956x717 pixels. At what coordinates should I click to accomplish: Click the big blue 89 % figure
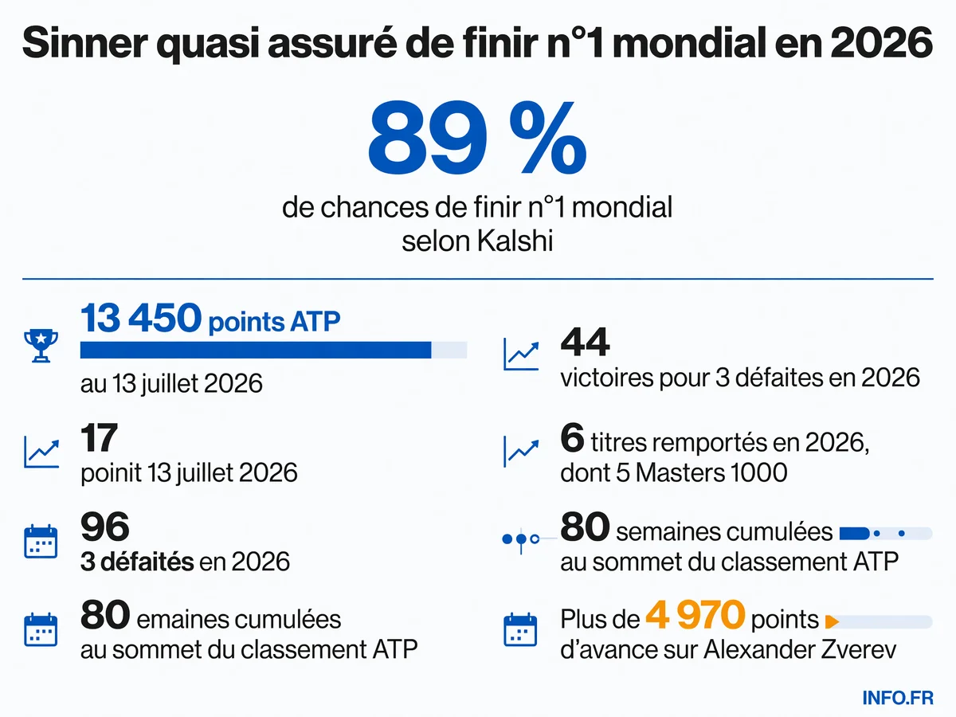tap(477, 138)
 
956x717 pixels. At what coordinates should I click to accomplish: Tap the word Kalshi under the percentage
tap(515, 241)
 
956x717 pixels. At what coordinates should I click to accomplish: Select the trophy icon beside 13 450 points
tap(41, 345)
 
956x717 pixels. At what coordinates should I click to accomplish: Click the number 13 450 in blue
tap(141, 318)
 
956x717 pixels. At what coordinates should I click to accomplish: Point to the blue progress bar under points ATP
tap(256, 350)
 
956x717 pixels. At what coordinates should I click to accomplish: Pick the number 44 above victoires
tap(585, 343)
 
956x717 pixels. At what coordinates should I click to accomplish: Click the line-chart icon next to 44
tap(521, 354)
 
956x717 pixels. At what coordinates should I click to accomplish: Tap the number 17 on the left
tap(99, 437)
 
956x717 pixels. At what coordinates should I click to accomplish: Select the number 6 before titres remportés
tap(572, 437)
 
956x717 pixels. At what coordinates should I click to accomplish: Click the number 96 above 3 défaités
tap(105, 527)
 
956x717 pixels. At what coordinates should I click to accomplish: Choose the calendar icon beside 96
tap(41, 541)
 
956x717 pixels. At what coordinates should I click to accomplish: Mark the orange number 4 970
tap(695, 615)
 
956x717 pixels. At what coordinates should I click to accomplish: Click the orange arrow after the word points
tap(832, 621)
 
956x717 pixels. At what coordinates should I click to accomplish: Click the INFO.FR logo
tap(898, 698)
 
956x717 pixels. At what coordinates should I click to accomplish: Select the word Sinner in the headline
tap(85, 43)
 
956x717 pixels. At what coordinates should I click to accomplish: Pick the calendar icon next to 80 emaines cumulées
tap(41, 629)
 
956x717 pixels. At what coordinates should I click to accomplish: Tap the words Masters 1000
tap(711, 472)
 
